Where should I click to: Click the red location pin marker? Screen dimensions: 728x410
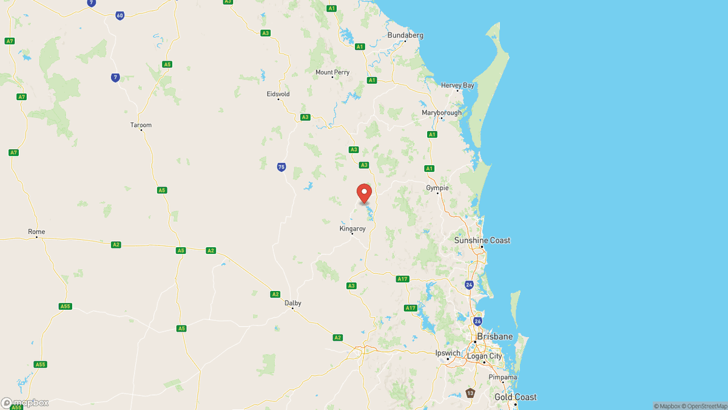(x=364, y=193)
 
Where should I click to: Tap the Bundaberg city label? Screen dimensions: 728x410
(x=405, y=35)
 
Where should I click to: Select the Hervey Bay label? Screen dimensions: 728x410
(x=457, y=86)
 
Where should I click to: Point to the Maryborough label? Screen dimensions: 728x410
(x=442, y=112)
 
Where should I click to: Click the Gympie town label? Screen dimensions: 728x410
(x=437, y=188)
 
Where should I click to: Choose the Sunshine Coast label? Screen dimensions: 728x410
(x=482, y=241)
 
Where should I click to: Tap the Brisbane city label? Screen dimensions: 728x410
(x=494, y=337)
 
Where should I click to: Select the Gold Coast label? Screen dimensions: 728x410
(x=515, y=397)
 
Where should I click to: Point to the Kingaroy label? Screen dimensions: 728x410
(x=352, y=228)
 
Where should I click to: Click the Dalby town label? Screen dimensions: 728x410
(x=293, y=303)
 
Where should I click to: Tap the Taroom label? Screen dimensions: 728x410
(x=141, y=125)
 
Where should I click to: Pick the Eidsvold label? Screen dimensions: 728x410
(x=278, y=94)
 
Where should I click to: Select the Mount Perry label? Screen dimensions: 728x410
(x=332, y=72)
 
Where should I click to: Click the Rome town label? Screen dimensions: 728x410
(x=36, y=231)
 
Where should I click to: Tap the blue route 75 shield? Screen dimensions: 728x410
(x=281, y=167)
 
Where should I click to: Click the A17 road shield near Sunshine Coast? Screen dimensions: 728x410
(x=402, y=279)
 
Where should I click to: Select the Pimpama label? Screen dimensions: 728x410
(x=503, y=377)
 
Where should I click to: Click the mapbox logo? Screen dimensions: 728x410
(x=25, y=403)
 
